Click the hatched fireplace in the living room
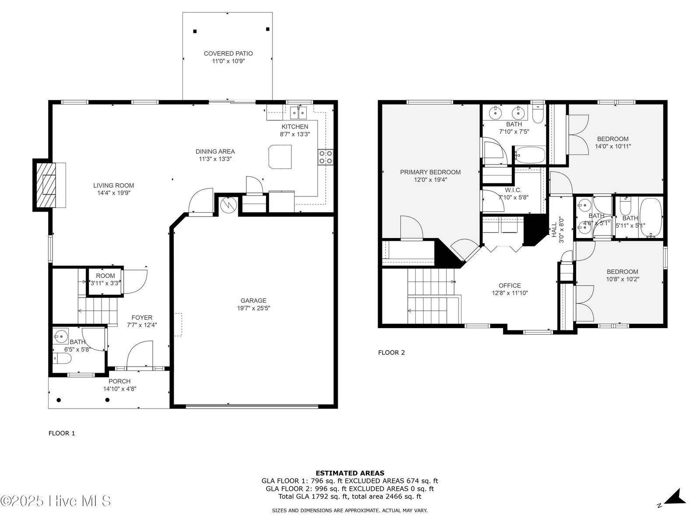tap(46, 185)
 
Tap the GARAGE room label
tap(253, 300)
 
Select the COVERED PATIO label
tap(228, 53)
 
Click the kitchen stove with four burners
tap(325, 157)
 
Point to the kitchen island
tap(280, 157)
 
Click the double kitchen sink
tap(298, 112)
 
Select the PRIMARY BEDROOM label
tap(430, 172)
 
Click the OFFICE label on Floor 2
tap(510, 286)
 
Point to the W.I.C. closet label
tap(513, 190)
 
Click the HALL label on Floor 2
tap(554, 230)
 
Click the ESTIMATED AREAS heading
tap(350, 473)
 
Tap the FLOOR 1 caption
tap(62, 433)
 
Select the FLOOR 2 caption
tap(391, 353)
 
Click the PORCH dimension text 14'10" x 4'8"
tap(119, 389)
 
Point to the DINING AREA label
tap(215, 151)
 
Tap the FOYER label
tap(142, 318)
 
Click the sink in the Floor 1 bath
tap(60, 336)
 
